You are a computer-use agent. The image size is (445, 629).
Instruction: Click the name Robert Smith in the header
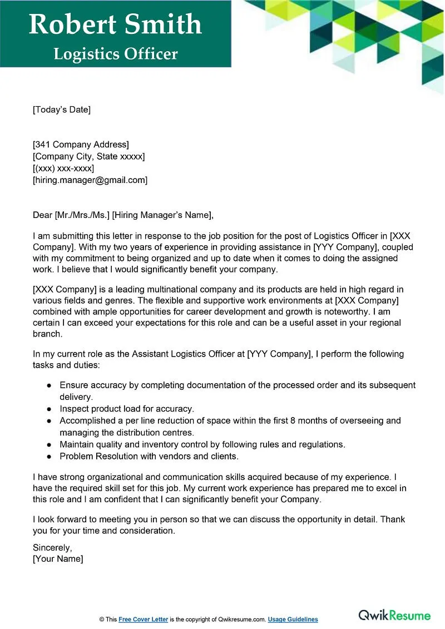tap(115, 24)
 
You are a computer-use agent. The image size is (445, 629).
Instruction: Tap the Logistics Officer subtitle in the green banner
tap(116, 54)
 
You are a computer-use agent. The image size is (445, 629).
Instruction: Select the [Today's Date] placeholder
tap(61, 110)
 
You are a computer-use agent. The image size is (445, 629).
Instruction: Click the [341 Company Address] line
tap(81, 145)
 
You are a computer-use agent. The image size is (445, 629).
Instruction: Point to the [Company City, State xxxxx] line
tap(88, 156)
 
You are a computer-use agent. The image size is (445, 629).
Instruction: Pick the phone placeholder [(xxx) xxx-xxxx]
tap(63, 168)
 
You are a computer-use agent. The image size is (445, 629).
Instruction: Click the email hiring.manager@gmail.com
tap(90, 180)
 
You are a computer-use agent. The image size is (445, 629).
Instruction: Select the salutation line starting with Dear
tap(123, 215)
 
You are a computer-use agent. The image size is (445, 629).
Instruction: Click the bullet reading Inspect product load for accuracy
tap(127, 409)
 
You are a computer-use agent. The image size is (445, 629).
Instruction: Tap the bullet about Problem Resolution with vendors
tap(149, 456)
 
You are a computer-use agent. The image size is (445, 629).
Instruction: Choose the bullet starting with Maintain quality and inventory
tap(202, 444)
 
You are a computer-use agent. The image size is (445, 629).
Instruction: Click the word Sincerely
tap(52, 547)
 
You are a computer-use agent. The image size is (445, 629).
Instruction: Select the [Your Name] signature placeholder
tap(58, 559)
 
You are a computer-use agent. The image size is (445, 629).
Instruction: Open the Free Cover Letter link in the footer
tap(143, 620)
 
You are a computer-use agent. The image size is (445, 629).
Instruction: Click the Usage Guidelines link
tap(293, 620)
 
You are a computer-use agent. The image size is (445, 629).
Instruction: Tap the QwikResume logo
tap(394, 615)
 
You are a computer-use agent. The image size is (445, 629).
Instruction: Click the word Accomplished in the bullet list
tap(87, 420)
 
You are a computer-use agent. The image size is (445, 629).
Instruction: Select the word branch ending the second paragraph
tap(47, 335)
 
